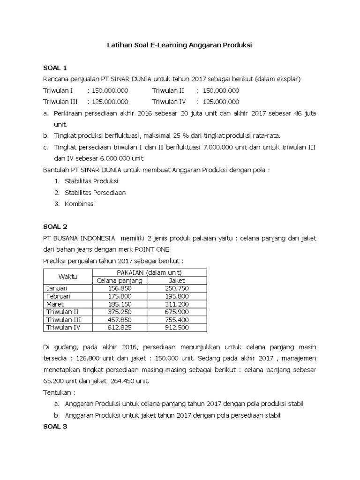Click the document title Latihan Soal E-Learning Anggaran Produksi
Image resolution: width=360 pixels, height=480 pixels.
point(180,45)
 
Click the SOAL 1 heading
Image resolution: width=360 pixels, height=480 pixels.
point(55,68)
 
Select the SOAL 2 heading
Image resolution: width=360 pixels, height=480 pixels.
point(55,226)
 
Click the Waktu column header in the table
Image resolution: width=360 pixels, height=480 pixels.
point(68,276)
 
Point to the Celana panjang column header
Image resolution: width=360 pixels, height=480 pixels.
point(120,280)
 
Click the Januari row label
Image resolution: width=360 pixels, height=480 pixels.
point(58,288)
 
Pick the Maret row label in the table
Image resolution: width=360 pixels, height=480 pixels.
point(55,304)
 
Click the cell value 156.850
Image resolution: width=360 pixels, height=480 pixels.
point(120,288)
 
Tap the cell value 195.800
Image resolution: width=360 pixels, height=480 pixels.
point(177,296)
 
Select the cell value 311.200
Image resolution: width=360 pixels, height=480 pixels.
point(177,304)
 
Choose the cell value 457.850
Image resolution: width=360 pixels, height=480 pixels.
point(120,320)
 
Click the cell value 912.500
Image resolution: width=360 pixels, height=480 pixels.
point(177,327)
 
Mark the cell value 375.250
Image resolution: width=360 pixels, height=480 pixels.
point(120,312)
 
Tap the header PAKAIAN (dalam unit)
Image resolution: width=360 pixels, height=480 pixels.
point(150,272)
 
